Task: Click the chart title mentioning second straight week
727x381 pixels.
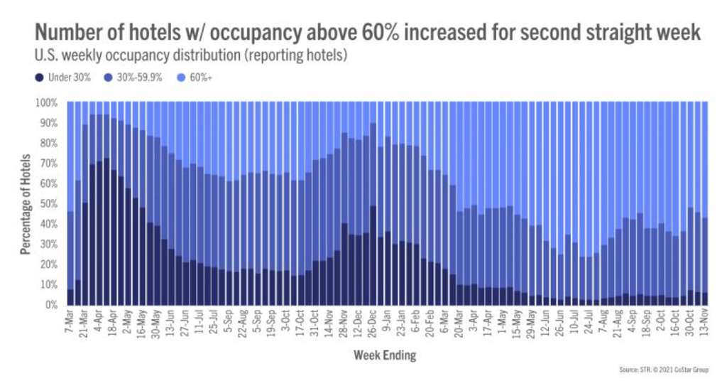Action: pos(368,33)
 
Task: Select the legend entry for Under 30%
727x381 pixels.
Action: pos(66,77)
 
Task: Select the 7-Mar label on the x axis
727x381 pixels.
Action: pos(70,319)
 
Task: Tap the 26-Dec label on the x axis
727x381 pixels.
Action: pos(372,320)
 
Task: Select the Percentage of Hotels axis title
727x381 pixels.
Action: pos(26,204)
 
